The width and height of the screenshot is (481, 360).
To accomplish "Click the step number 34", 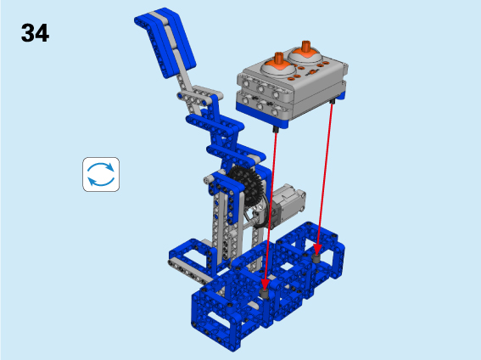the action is [35, 33].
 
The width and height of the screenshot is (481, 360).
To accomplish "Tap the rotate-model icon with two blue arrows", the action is [101, 174].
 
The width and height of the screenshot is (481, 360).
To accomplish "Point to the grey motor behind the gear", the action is [288, 203].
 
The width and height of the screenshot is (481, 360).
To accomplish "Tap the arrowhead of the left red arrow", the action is [265, 284].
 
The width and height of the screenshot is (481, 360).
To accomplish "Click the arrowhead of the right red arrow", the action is [317, 250].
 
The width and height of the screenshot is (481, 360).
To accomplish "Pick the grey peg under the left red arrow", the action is [265, 294].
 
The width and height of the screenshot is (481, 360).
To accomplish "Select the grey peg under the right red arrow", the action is [316, 259].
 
